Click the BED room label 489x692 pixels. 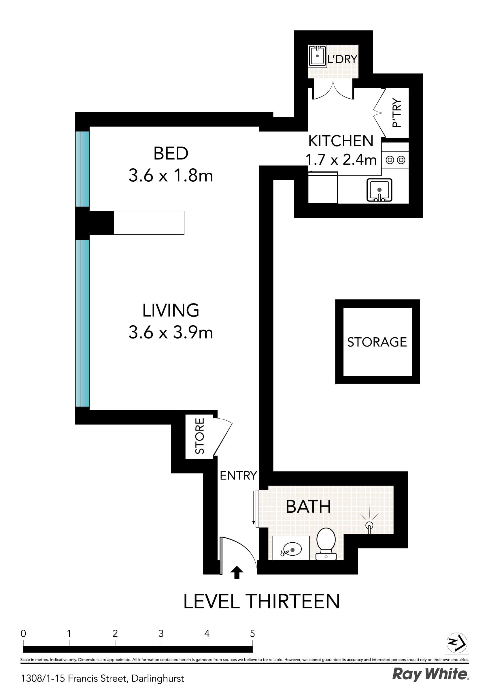point(171,153)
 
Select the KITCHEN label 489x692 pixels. point(341,141)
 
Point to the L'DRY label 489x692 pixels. point(342,59)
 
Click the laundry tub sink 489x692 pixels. point(317,56)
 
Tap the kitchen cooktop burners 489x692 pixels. point(395,160)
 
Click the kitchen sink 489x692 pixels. point(379,190)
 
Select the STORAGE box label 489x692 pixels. point(377,342)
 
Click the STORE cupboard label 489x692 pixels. point(200,436)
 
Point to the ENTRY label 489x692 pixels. point(238,475)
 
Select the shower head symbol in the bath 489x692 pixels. point(369,525)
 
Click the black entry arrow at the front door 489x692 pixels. point(237,572)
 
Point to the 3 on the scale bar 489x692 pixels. point(161,634)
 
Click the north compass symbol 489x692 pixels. point(456,643)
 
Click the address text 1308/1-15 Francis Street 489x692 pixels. point(103,678)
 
